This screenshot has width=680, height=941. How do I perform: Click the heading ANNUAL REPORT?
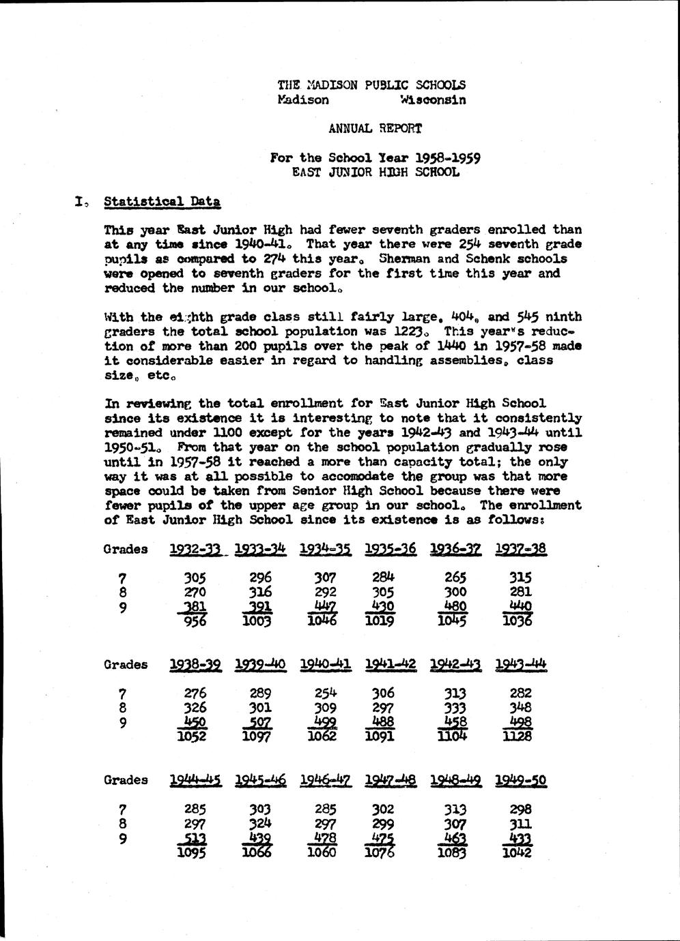tap(375, 128)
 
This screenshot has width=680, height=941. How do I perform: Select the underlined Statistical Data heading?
tap(162, 202)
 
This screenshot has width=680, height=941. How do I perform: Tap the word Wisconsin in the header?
tap(433, 100)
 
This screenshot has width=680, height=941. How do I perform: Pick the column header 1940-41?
tap(325, 664)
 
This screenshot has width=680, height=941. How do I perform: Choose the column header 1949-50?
tap(520, 780)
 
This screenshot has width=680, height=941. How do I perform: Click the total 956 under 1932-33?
tap(195, 621)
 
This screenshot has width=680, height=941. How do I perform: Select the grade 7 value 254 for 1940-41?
tap(325, 693)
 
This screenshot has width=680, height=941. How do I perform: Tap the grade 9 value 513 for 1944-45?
tap(195, 838)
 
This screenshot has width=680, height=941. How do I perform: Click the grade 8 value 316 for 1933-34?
tap(260, 592)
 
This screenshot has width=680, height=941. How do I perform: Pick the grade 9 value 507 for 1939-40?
tap(260, 722)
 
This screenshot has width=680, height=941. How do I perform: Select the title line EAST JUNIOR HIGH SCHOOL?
tap(375, 172)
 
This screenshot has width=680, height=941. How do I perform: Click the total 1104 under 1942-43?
tap(455, 736)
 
